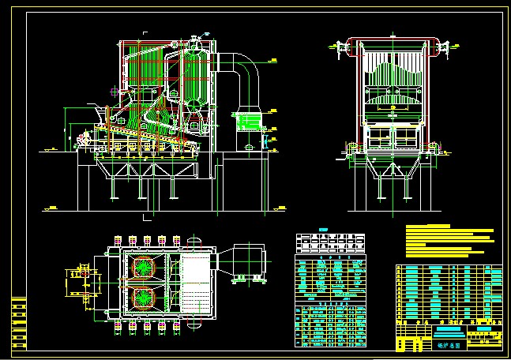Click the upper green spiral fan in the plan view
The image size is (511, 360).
pos(144,268)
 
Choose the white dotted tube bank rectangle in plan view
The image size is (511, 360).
pos(196,282)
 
